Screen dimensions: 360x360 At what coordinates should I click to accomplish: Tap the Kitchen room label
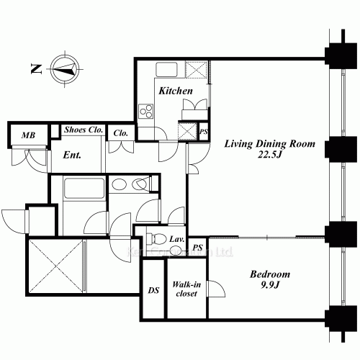[175, 91]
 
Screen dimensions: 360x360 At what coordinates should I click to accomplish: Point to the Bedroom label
[270, 274]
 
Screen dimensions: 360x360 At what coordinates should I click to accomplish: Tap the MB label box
[28, 135]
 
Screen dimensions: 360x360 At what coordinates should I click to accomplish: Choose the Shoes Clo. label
[83, 130]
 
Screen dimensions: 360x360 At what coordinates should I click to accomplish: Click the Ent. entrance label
[71, 155]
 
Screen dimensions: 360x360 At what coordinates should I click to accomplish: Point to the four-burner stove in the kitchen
[146, 111]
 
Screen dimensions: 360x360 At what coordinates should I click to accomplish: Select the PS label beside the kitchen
[204, 132]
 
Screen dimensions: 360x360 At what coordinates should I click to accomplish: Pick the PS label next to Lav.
[198, 248]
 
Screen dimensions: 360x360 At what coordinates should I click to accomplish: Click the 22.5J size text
[269, 155]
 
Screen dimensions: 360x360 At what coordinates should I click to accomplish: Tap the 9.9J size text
[270, 286]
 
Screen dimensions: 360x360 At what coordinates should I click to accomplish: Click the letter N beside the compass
[35, 69]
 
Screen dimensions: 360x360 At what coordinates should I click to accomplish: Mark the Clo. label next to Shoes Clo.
[120, 132]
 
